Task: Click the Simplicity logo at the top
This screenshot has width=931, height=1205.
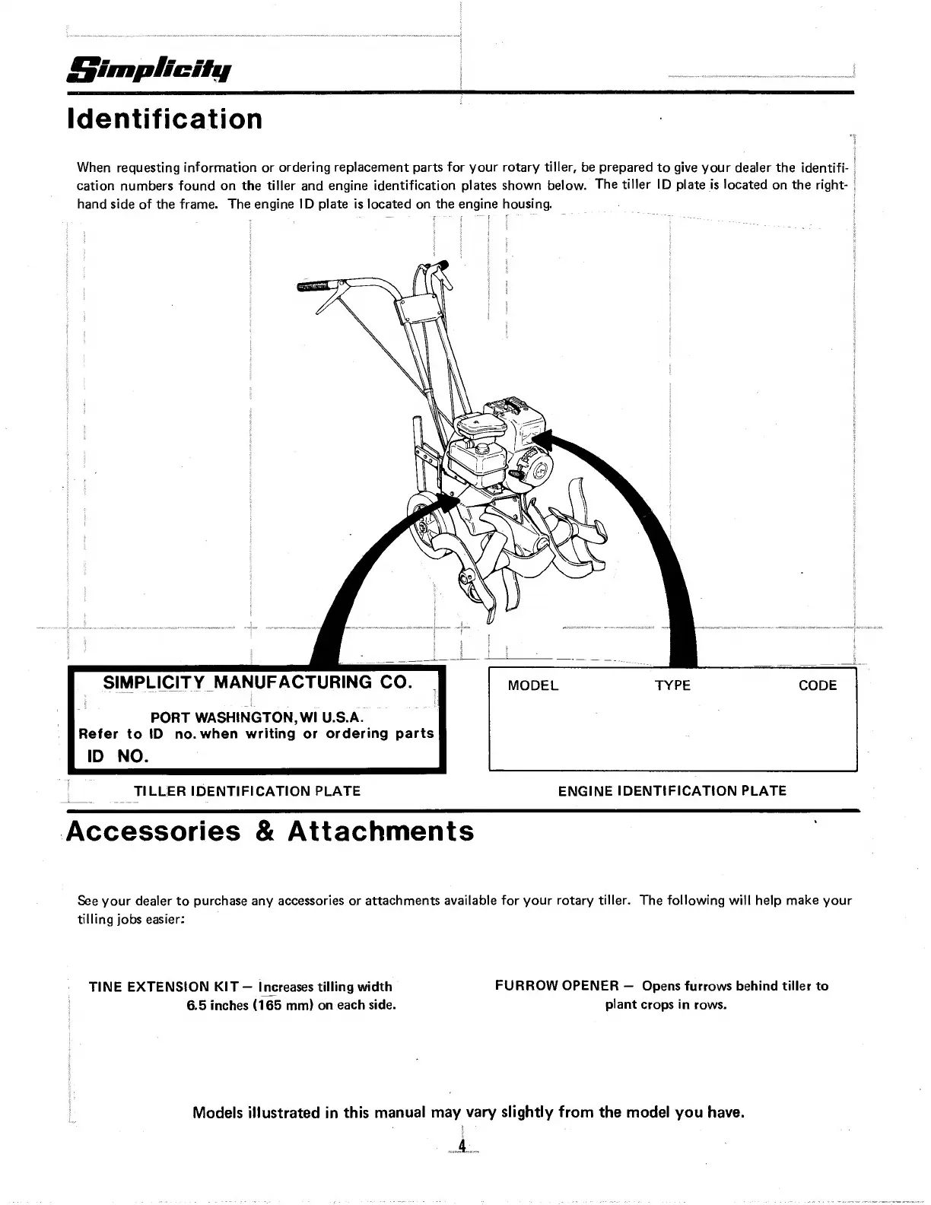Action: click(149, 72)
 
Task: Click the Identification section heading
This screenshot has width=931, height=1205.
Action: click(165, 119)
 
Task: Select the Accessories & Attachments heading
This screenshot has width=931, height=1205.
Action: click(270, 831)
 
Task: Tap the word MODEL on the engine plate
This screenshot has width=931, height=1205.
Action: click(532, 685)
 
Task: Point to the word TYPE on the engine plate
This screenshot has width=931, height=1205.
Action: click(672, 685)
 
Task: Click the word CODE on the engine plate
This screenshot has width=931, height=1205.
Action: click(817, 685)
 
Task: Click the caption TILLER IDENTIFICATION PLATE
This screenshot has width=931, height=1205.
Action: click(247, 791)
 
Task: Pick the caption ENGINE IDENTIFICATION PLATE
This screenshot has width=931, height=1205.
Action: click(672, 791)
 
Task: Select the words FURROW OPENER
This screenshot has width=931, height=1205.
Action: click(557, 986)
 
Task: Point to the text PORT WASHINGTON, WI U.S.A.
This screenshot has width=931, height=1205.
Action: click(257, 717)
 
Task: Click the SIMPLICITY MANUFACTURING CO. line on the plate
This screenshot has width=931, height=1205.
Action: click(257, 682)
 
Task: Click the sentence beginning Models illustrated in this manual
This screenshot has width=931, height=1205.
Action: click(468, 1113)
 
